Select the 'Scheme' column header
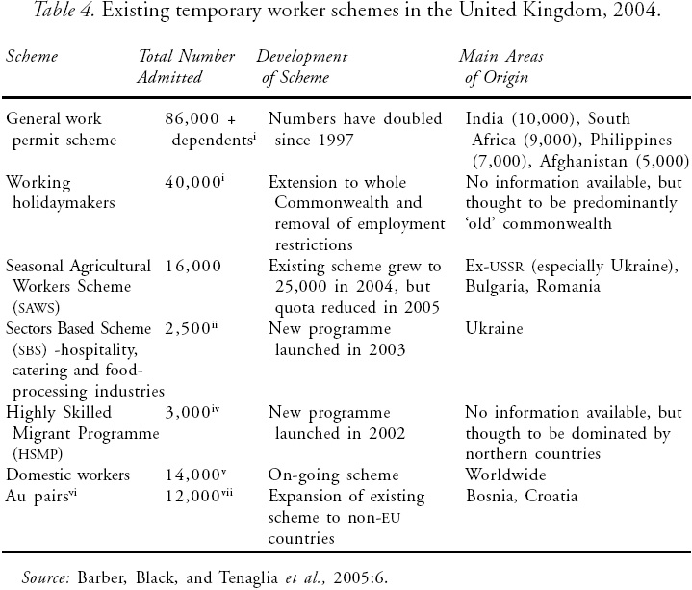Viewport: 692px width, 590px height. point(32,56)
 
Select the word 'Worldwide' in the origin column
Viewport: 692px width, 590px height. point(505,475)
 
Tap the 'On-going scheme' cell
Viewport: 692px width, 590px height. point(326,475)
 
